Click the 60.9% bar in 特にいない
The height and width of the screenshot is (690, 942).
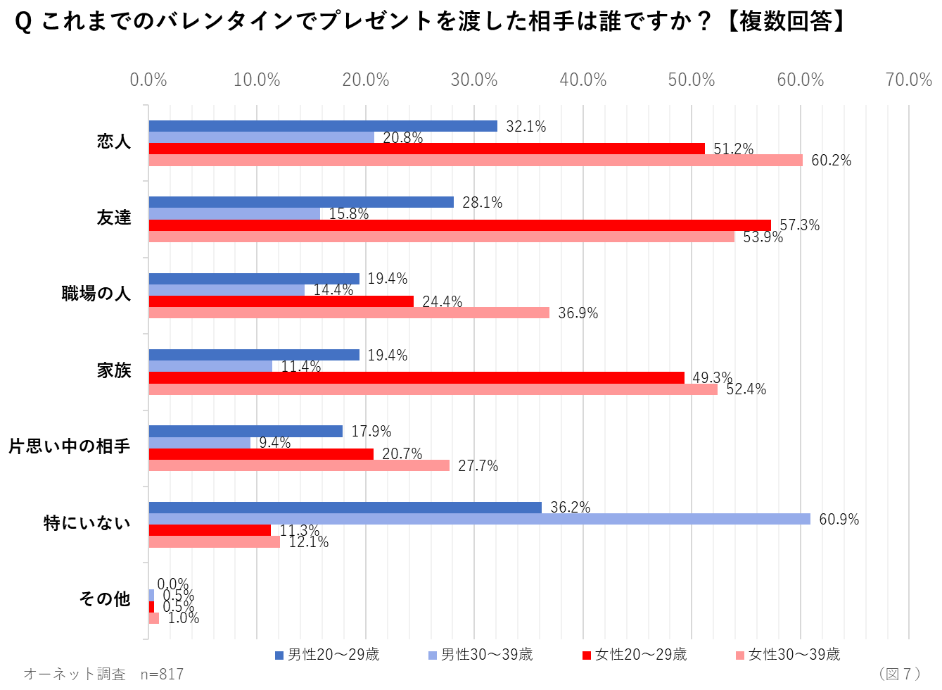point(479,519)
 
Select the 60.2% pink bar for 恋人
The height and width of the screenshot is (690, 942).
point(476,161)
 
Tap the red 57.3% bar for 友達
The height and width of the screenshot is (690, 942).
point(459,225)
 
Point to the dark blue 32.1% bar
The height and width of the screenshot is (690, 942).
point(323,126)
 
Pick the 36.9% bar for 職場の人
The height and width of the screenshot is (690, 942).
point(349,313)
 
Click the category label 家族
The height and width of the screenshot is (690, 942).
point(114,370)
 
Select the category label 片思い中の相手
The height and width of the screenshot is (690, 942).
point(70,446)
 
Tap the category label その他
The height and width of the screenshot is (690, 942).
point(105,598)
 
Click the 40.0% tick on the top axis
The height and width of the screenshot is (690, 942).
point(583,80)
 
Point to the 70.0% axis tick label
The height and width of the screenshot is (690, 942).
point(908,80)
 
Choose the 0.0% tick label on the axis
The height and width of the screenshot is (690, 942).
point(148,80)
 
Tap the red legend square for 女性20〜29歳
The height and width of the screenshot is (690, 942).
point(586,655)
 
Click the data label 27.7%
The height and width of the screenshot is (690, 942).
point(478,466)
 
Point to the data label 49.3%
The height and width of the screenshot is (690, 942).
point(712,378)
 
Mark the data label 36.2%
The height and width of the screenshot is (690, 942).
point(570,508)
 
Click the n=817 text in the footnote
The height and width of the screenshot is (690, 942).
point(162,675)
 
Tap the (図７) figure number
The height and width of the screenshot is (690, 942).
point(900,674)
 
